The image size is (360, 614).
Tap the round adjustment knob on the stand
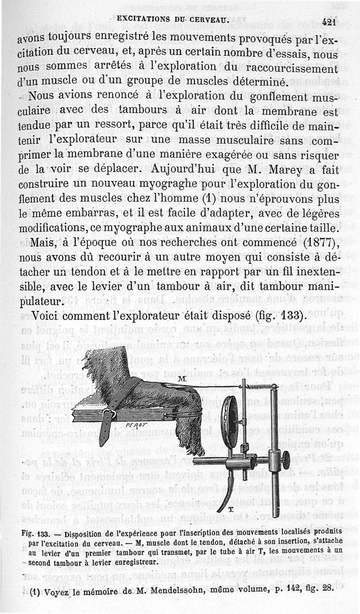pyautogui.click(x=286, y=460)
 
